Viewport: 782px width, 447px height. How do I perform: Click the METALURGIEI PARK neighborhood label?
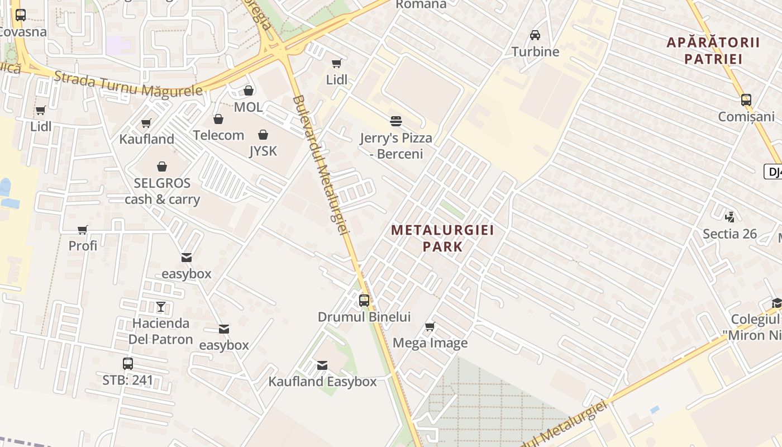(x=442, y=238)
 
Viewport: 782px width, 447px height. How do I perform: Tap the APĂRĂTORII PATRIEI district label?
(x=713, y=50)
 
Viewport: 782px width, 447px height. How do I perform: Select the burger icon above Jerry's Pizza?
(x=396, y=121)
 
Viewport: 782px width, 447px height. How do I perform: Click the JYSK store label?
(x=263, y=151)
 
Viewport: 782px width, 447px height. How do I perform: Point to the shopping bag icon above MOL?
(x=249, y=91)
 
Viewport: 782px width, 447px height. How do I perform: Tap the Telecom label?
(x=218, y=135)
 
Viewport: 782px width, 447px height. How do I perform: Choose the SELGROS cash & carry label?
(x=162, y=191)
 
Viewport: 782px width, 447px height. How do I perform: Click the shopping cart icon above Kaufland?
(x=146, y=123)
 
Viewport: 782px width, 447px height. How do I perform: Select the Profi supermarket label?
(x=83, y=245)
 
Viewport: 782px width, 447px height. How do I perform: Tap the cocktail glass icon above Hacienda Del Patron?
(x=161, y=307)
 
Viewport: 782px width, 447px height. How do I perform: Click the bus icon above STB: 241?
(x=128, y=364)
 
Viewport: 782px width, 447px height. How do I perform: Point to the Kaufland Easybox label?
(x=322, y=382)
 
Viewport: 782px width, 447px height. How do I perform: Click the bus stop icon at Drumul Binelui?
(x=364, y=301)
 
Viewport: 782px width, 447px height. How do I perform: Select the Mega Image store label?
(x=430, y=343)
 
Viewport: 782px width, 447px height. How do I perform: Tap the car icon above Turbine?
(x=535, y=35)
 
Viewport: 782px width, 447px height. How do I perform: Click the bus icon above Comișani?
(x=746, y=101)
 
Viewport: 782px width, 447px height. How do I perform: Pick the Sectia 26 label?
(x=729, y=234)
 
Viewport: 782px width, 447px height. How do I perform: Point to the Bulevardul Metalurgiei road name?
(x=321, y=165)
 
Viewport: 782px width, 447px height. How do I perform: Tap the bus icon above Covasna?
(x=21, y=15)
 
